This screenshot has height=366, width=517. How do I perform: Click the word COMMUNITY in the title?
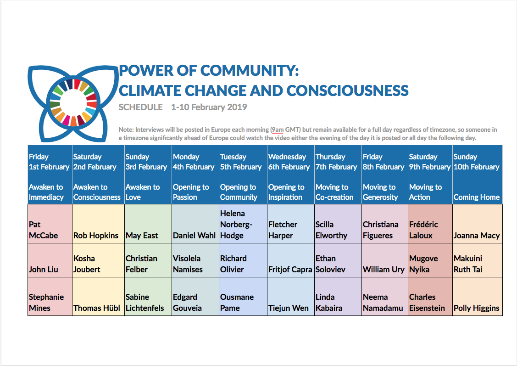250,71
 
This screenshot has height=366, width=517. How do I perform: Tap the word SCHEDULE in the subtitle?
140,107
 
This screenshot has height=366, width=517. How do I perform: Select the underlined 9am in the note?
278,130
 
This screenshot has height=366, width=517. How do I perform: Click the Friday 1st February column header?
49,162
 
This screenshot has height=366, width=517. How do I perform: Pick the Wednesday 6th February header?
289,162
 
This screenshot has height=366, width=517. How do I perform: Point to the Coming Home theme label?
477,197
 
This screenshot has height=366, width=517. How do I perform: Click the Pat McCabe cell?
50,224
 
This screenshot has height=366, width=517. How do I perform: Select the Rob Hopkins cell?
98,224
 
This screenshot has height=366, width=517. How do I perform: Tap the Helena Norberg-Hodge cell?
243,224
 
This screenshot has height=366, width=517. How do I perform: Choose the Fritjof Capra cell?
291,260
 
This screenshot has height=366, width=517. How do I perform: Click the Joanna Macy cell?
478,224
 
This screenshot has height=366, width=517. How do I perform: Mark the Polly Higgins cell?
478,296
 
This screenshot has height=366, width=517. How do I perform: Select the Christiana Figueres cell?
385,224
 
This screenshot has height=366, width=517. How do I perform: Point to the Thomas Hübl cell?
98,296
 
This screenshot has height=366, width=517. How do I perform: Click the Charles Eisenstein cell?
430,296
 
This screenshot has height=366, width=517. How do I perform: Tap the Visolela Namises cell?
195,260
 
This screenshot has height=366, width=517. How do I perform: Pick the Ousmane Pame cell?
243,296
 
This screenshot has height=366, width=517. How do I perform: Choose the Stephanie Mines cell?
50,296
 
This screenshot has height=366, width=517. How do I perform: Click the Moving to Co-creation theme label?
334,192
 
